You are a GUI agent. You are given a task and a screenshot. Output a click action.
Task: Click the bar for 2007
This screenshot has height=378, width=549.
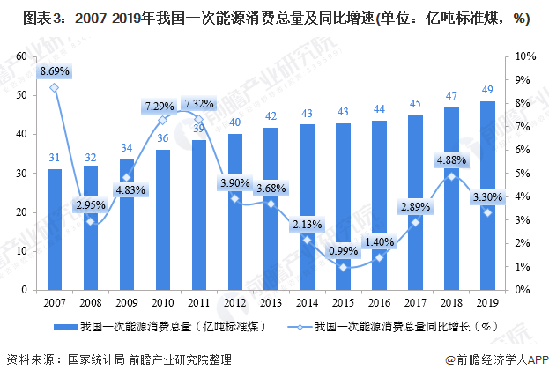(x=55, y=229)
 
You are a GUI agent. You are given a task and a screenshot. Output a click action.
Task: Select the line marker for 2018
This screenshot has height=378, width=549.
(x=451, y=176)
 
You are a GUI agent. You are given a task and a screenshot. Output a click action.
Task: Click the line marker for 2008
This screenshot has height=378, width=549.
(x=91, y=221)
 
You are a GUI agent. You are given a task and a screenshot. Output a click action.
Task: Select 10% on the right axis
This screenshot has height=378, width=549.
(x=525, y=56)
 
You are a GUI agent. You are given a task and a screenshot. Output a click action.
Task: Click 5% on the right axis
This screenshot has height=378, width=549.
(x=523, y=173)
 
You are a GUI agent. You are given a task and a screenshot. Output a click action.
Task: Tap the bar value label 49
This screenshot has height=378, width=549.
(x=486, y=89)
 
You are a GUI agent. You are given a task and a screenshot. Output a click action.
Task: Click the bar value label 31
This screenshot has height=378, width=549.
(x=55, y=159)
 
